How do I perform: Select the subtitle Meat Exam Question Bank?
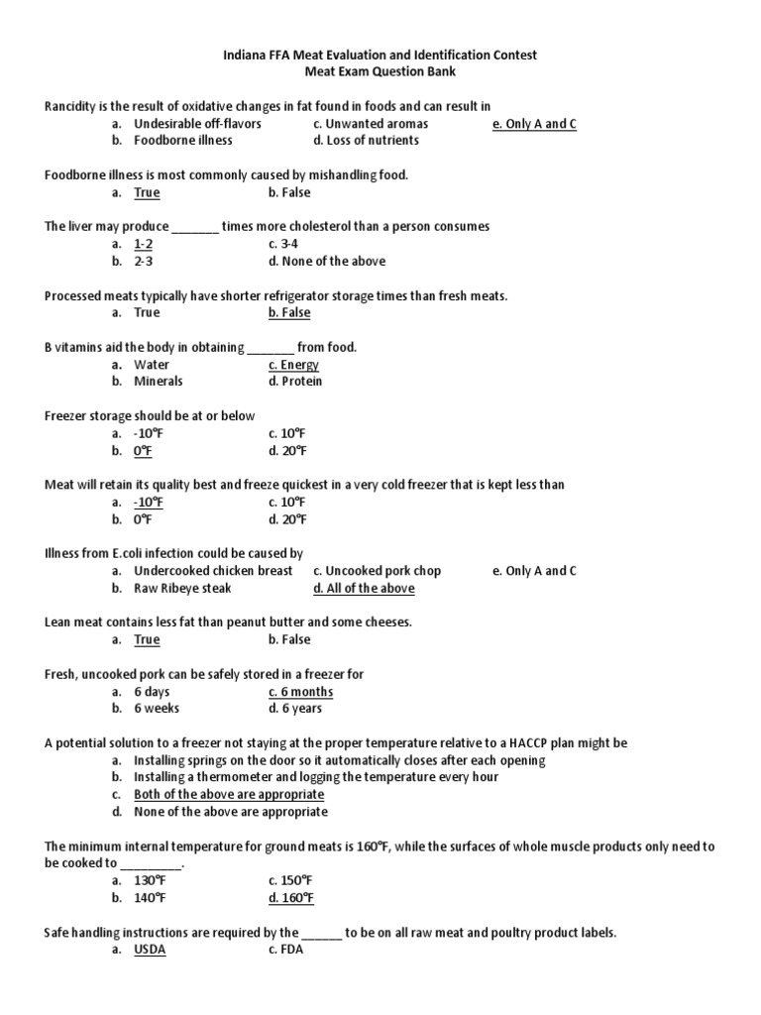pyautogui.click(x=380, y=72)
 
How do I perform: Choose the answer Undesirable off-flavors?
pyautogui.click(x=197, y=124)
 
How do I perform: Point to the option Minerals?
pyautogui.click(x=159, y=382)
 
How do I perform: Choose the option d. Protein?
pyautogui.click(x=294, y=382)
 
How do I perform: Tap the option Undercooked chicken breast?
pyautogui.click(x=213, y=571)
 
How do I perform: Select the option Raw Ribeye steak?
pyautogui.click(x=182, y=589)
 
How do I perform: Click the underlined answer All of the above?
pyautogui.click(x=364, y=589)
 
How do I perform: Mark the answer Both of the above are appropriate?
pyautogui.click(x=229, y=795)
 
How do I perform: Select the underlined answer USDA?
pyautogui.click(x=150, y=950)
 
